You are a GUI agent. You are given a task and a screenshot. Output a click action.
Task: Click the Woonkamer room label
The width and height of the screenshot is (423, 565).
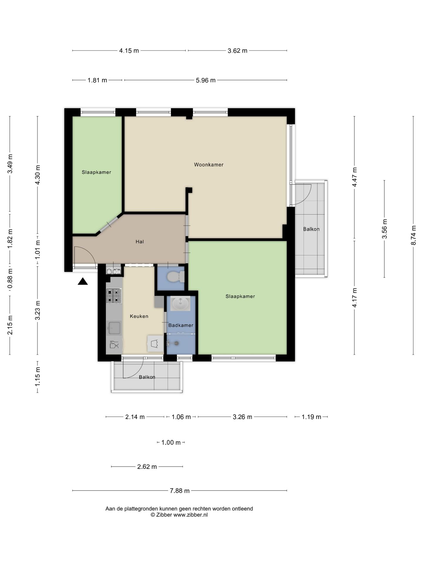click(x=209, y=165)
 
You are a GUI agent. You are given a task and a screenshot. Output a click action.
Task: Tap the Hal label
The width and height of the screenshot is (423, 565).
click(x=140, y=242)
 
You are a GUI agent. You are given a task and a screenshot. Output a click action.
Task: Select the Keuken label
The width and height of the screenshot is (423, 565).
click(x=139, y=316)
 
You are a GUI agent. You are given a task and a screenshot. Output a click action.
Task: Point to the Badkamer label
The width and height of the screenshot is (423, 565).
click(x=181, y=325)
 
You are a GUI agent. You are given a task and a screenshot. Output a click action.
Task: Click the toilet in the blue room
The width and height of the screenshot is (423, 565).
click(x=175, y=277)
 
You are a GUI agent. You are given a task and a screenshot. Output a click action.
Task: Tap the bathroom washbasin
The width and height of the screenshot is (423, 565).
click(x=180, y=304)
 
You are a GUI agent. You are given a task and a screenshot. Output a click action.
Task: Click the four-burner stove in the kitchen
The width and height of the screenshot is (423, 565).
click(x=114, y=296)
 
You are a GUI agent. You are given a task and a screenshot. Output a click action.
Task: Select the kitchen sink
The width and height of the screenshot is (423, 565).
click(x=114, y=328)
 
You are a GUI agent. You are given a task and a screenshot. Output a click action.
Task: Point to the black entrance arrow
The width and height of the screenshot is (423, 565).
click(x=83, y=282)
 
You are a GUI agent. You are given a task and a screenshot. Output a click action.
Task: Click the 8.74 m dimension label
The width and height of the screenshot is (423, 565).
click(x=413, y=235)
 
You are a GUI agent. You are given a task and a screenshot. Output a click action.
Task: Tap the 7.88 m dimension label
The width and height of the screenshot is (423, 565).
click(x=180, y=491)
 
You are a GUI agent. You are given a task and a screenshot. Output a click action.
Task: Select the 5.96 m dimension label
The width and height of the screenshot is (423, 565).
click(x=206, y=80)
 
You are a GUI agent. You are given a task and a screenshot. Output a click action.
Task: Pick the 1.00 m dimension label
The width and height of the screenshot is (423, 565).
click(x=171, y=443)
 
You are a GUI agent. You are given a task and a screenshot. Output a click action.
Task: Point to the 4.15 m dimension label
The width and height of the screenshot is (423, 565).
click(x=129, y=51)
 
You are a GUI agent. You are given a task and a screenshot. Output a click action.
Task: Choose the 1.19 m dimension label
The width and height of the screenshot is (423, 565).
click(x=311, y=417)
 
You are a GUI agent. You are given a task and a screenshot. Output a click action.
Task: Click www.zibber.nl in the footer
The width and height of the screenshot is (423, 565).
click(x=190, y=515)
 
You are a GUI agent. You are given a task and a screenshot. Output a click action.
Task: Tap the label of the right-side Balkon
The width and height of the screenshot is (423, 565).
click(x=311, y=229)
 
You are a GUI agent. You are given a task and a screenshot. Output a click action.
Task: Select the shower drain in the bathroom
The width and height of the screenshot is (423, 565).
click(x=176, y=343)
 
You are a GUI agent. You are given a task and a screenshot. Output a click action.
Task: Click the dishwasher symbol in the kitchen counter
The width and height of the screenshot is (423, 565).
click(x=114, y=345)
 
